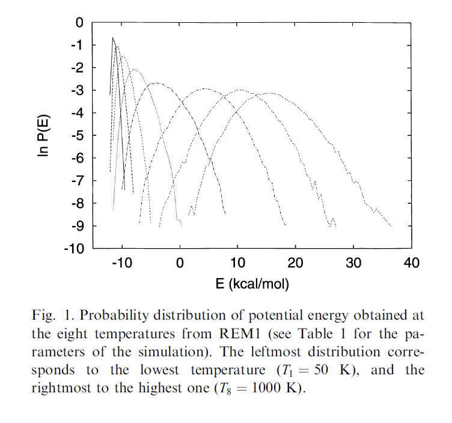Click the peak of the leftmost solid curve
point(113,38)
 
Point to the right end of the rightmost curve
point(391,226)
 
